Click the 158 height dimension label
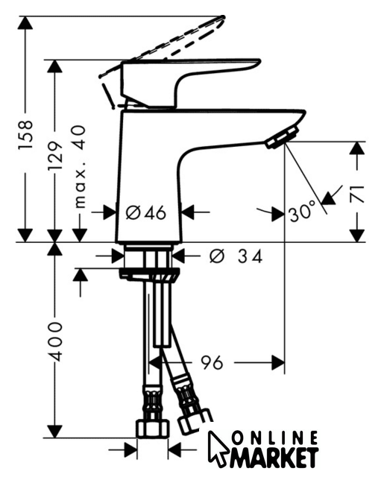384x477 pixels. pyautogui.click(x=25, y=134)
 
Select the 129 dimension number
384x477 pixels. pyautogui.click(x=56, y=156)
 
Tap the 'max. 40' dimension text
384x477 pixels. pyautogui.click(x=79, y=166)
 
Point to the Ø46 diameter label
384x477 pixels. pyautogui.click(x=146, y=212)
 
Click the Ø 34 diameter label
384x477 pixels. pyautogui.click(x=236, y=256)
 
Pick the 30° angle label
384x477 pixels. pyautogui.click(x=300, y=211)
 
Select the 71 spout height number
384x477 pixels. pyautogui.click(x=358, y=194)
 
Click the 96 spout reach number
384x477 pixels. pyautogui.click(x=212, y=362)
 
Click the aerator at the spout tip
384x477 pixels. pyautogui.click(x=281, y=138)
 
